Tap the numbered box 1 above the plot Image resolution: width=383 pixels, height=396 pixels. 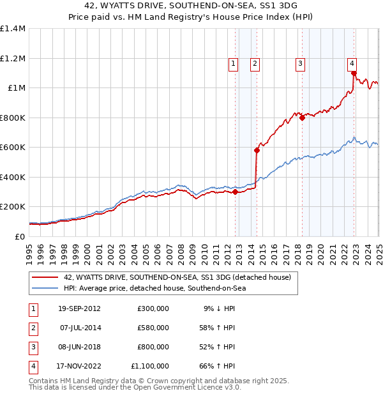pos(233,63)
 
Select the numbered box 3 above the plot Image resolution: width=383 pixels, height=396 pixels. pos(299,63)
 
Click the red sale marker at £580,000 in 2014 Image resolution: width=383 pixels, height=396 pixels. pos(257,151)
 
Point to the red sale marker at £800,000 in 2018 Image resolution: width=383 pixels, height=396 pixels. pos(302,118)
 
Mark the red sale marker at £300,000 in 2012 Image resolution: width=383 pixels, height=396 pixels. pos(236,192)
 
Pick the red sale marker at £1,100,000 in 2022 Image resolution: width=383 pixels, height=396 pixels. pos(353,73)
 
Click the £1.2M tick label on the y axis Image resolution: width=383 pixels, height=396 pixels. pos(13,58)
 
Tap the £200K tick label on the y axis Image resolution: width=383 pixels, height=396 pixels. pos(13,207)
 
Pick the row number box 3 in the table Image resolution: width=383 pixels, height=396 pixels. pos(31,347)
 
